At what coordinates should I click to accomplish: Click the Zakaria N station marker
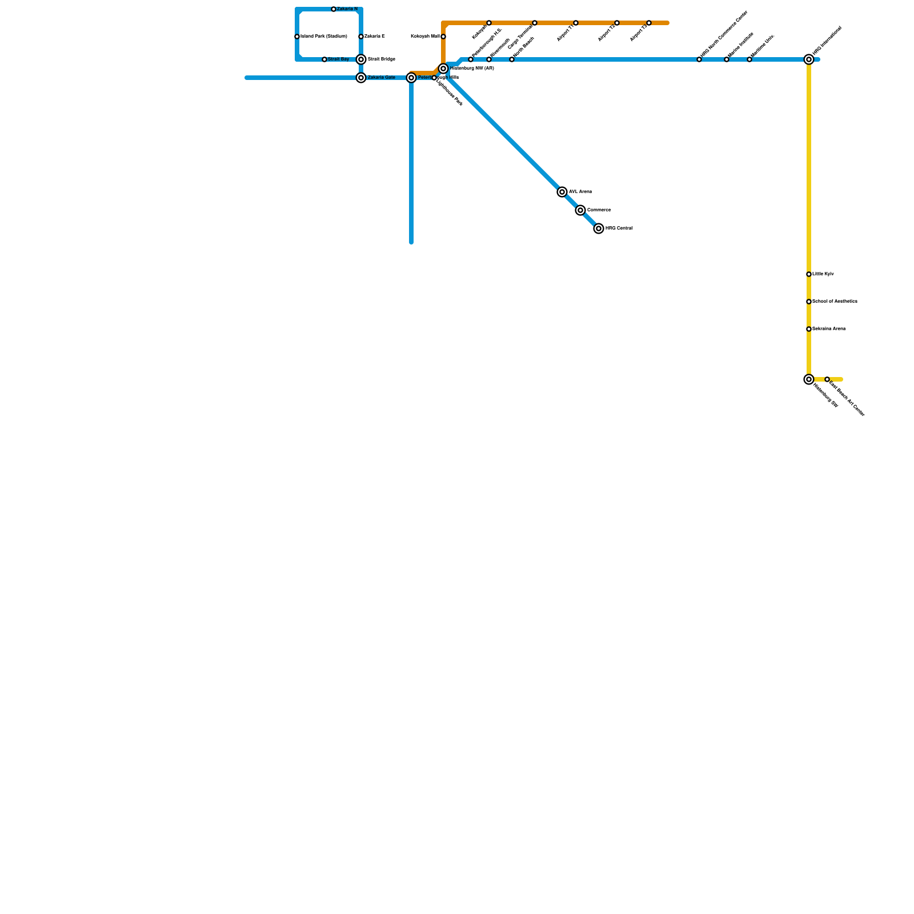[x=334, y=9]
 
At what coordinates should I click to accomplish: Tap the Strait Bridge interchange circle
[x=361, y=59]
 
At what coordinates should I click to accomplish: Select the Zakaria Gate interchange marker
[x=361, y=78]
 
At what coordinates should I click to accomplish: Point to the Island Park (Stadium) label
[x=324, y=37]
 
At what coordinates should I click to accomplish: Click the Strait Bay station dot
[x=324, y=59]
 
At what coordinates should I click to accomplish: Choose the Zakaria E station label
[x=375, y=37]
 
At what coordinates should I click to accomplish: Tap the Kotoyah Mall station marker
[x=443, y=37]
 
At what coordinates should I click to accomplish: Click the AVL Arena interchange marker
[x=562, y=192]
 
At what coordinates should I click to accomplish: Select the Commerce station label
[x=599, y=210]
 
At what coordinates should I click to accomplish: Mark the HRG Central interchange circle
[x=599, y=228]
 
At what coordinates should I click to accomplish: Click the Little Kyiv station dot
[x=809, y=274]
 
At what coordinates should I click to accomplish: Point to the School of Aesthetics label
[x=835, y=302]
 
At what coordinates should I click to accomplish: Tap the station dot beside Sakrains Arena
[x=809, y=329]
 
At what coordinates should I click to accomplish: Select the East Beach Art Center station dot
[x=827, y=379]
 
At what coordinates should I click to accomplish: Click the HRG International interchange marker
[x=809, y=59]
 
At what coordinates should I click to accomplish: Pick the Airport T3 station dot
[x=649, y=23]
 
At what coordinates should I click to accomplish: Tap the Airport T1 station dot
[x=576, y=23]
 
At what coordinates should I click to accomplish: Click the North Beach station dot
[x=512, y=59]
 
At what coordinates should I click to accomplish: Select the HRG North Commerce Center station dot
[x=699, y=59]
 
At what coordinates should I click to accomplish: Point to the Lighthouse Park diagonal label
[x=450, y=92]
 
